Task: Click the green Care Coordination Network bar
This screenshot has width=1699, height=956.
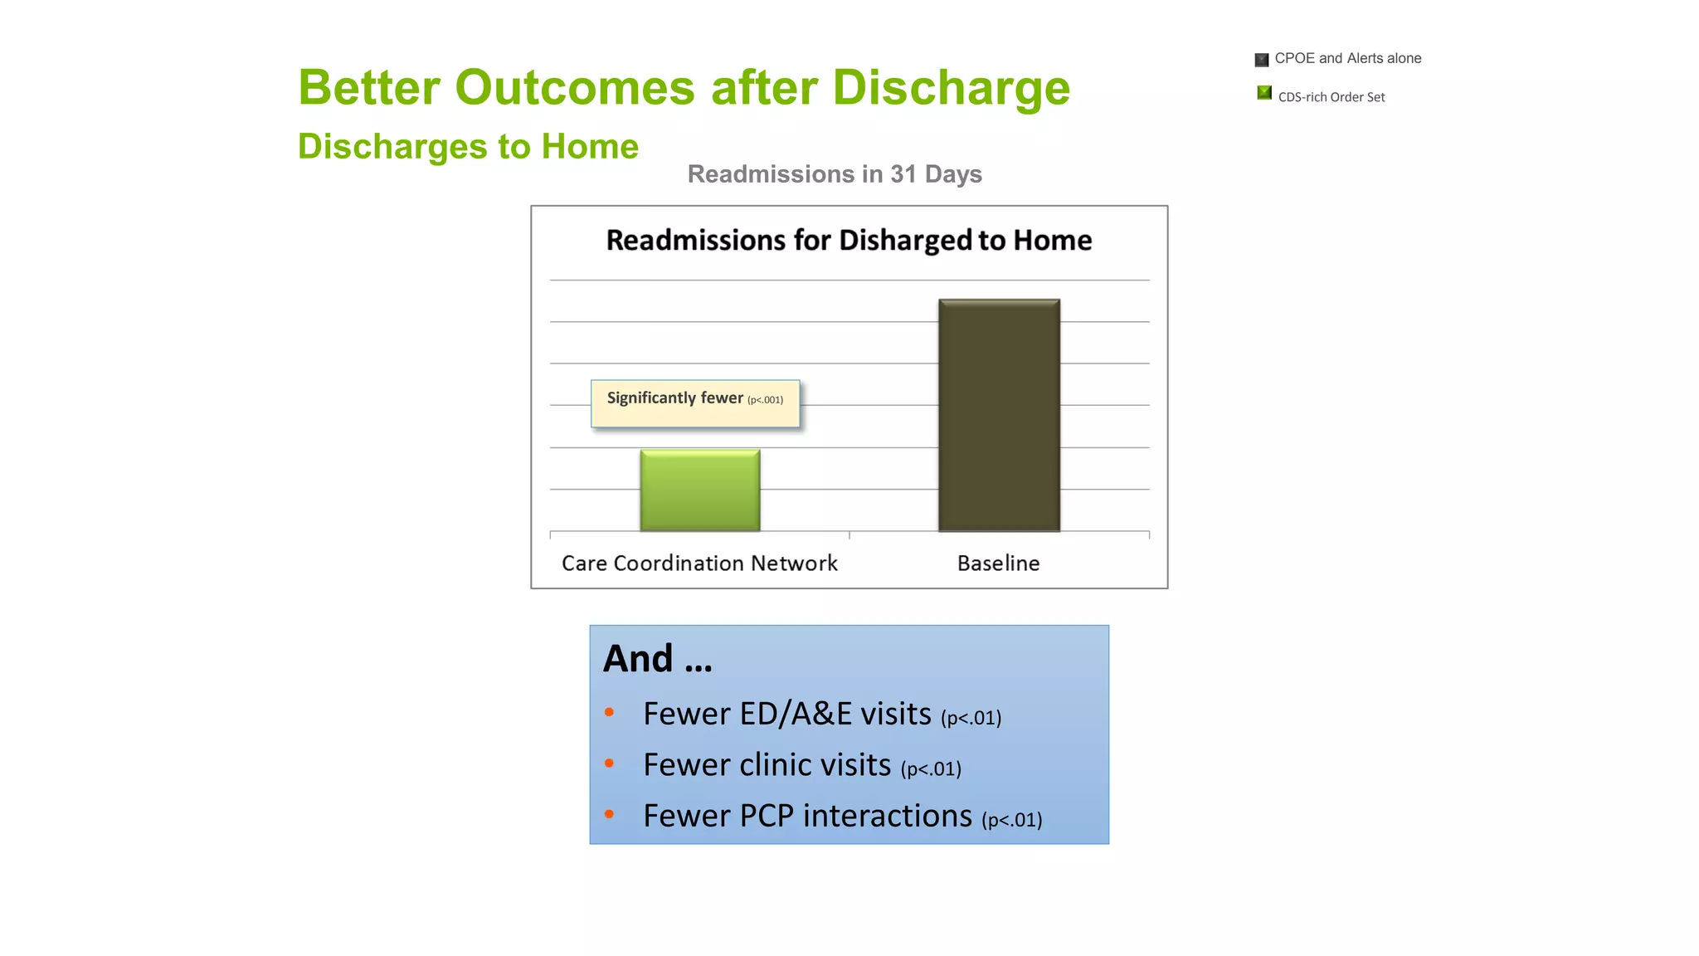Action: pyautogui.click(x=699, y=490)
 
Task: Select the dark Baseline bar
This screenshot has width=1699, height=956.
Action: pyautogui.click(x=999, y=415)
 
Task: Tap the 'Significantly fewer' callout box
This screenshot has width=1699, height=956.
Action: pyautogui.click(x=695, y=404)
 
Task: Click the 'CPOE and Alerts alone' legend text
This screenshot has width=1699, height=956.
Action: pyautogui.click(x=1347, y=58)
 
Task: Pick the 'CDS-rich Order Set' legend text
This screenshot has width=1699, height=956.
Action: pyautogui.click(x=1331, y=97)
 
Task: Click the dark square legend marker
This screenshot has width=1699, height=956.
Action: pyautogui.click(x=1261, y=60)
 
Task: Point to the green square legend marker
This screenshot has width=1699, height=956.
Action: pyautogui.click(x=1263, y=93)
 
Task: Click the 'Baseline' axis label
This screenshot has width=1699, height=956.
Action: pyautogui.click(x=998, y=563)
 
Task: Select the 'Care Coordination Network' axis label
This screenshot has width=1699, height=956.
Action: pyautogui.click(x=699, y=563)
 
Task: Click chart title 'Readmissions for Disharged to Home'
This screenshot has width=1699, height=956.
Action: pyautogui.click(x=849, y=240)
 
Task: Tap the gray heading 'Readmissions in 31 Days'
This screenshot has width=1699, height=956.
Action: pyautogui.click(x=835, y=174)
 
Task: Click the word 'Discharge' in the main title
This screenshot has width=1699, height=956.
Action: pyautogui.click(x=951, y=88)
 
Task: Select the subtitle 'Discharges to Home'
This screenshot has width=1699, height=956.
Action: pyautogui.click(x=468, y=147)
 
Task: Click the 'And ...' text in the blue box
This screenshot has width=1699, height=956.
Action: pyautogui.click(x=657, y=659)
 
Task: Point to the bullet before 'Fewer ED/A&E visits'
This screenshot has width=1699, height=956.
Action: pyautogui.click(x=610, y=712)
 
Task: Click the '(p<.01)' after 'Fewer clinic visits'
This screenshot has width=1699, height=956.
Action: pyautogui.click(x=931, y=769)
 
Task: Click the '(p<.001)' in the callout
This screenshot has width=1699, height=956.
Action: pyautogui.click(x=765, y=400)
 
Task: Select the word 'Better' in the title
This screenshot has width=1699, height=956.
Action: pyautogui.click(x=371, y=88)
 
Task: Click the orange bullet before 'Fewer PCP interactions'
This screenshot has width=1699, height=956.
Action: pyautogui.click(x=610, y=814)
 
